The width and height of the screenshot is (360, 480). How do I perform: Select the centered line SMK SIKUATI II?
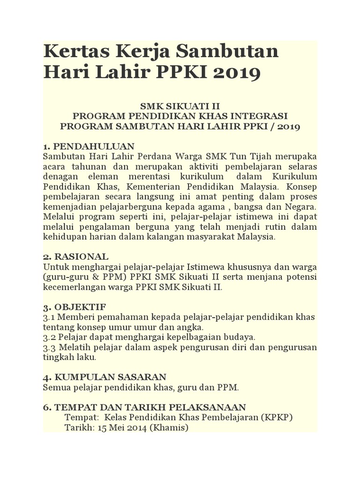coord(180,106)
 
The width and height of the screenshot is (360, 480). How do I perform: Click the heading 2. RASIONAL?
coord(75,257)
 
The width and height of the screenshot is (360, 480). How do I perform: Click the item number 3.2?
coord(50,337)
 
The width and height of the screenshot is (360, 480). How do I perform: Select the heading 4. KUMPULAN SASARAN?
coord(104,377)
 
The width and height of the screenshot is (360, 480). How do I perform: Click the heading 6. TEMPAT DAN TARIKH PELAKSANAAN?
coord(144,408)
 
